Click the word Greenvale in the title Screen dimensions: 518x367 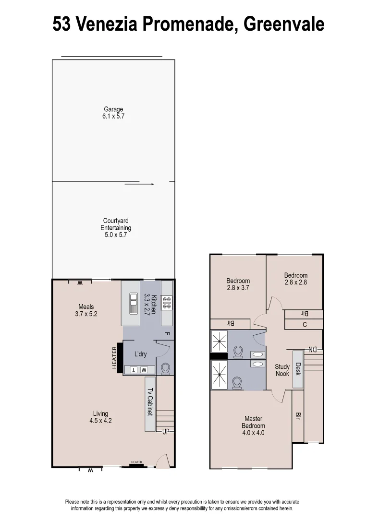click(283, 24)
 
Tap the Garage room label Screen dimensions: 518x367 click(113, 113)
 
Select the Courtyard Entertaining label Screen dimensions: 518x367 click(115, 228)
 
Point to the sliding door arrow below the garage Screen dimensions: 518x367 click(139, 184)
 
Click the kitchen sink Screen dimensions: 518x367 click(133, 303)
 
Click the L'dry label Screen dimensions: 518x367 click(140, 354)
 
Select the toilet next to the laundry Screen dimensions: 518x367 click(165, 368)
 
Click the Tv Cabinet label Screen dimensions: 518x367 click(150, 402)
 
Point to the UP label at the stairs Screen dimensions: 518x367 click(166, 432)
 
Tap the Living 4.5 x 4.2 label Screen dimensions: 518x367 click(101, 417)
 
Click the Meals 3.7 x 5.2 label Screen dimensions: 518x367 click(86, 310)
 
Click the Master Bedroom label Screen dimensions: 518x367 click(253, 425)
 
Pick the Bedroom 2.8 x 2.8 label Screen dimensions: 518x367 click(295, 279)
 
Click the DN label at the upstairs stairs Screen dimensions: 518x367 click(312, 349)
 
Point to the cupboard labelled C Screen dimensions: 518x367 click(304, 325)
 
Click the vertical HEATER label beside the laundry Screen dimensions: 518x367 click(115, 358)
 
